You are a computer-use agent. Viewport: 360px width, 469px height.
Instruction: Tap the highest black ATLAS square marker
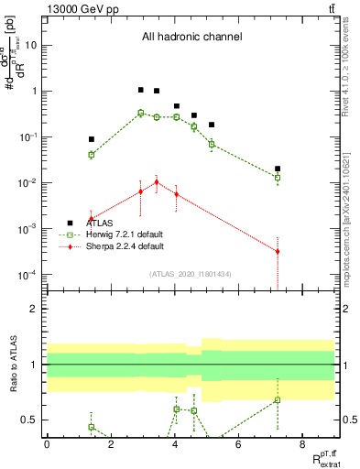pos(140,90)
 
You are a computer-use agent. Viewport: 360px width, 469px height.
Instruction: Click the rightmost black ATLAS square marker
pos(278,169)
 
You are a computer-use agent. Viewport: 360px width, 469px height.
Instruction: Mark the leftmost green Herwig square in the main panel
pos(92,155)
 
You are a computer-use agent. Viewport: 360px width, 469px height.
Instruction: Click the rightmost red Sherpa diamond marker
pos(278,251)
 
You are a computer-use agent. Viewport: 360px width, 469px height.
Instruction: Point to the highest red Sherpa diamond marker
pos(157,182)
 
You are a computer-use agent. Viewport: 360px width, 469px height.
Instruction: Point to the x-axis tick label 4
pos(174,444)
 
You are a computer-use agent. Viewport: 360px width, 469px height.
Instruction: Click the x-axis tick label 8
pos(301,444)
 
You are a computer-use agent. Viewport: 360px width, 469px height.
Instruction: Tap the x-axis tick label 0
pos(47,444)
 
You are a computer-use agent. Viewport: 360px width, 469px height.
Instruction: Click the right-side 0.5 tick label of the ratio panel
pos(349,420)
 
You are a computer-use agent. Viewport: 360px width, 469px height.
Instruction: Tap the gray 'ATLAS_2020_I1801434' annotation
pos(191,274)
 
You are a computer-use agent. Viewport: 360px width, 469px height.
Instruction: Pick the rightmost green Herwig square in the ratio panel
pos(278,399)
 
